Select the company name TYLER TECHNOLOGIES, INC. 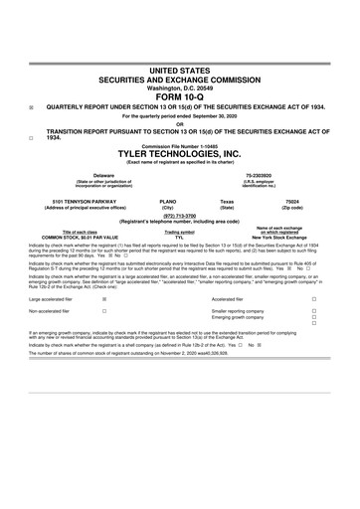point(180,155)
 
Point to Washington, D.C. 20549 point(180,86)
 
